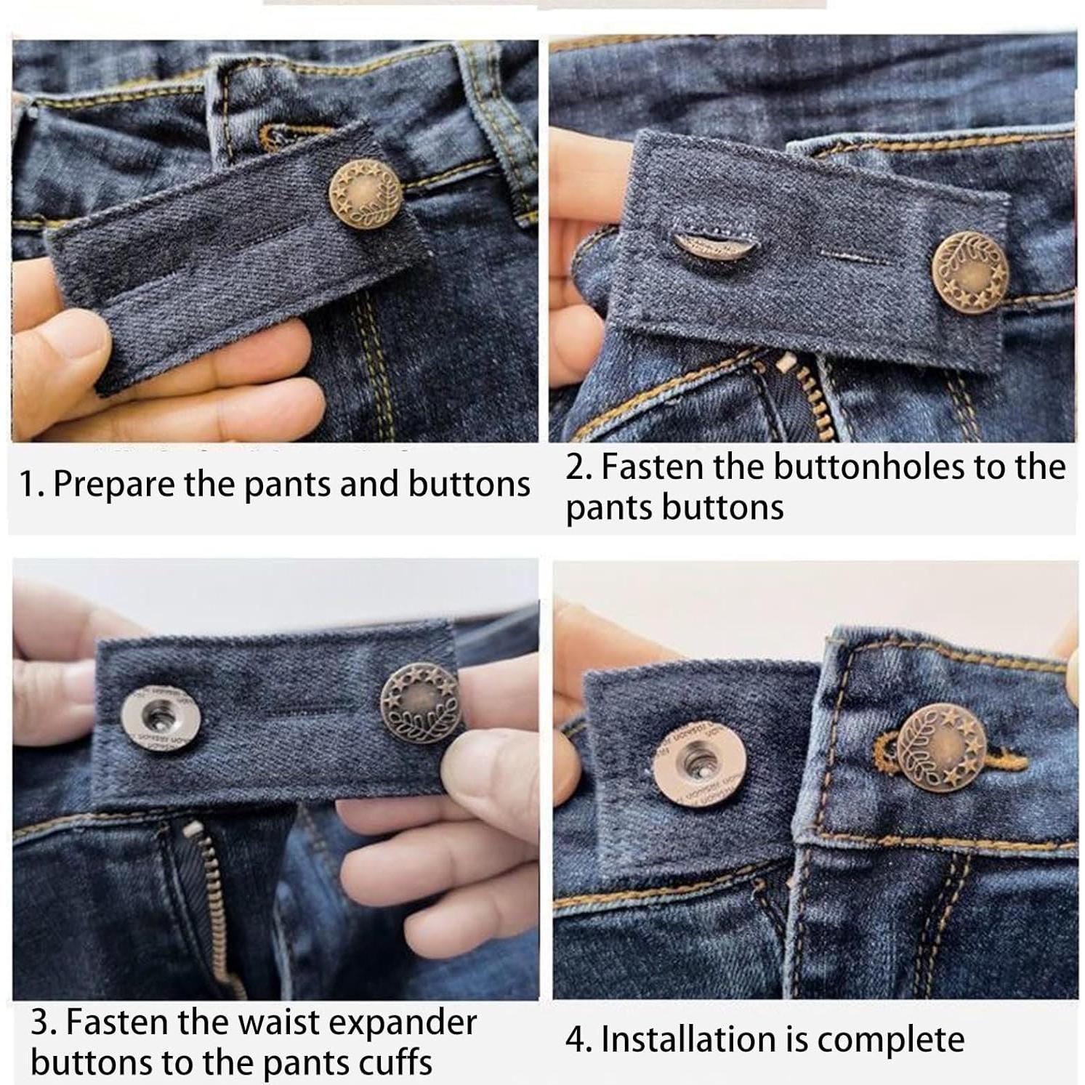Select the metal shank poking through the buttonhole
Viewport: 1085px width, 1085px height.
(701, 243)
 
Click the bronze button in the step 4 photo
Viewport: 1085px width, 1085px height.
(941, 749)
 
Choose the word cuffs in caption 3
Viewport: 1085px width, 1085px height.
(396, 1062)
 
